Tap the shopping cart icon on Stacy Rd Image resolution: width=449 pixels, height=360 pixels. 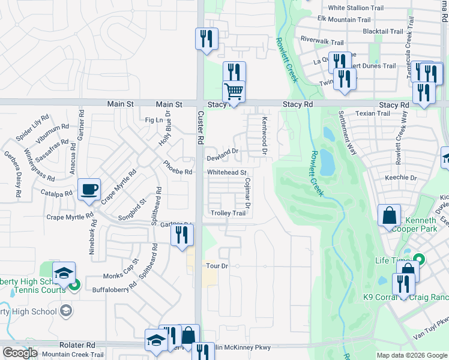pyautogui.click(x=234, y=92)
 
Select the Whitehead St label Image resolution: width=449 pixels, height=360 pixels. pyautogui.click(x=228, y=173)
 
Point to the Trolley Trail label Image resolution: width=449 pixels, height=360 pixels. pyautogui.click(x=228, y=214)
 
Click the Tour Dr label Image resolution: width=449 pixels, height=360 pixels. pyautogui.click(x=217, y=266)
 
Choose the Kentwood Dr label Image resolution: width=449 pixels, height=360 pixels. pyautogui.click(x=264, y=134)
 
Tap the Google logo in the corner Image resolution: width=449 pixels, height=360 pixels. pyautogui.click(x=20, y=353)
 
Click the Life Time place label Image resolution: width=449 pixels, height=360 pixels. pyautogui.click(x=391, y=260)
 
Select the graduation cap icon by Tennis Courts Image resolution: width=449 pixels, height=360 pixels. pyautogui.click(x=63, y=273)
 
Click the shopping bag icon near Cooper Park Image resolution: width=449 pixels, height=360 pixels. pyautogui.click(x=389, y=216)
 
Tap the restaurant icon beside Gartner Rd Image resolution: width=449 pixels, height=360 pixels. pyautogui.click(x=182, y=234)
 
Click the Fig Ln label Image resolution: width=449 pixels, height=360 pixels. pyautogui.click(x=154, y=120)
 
